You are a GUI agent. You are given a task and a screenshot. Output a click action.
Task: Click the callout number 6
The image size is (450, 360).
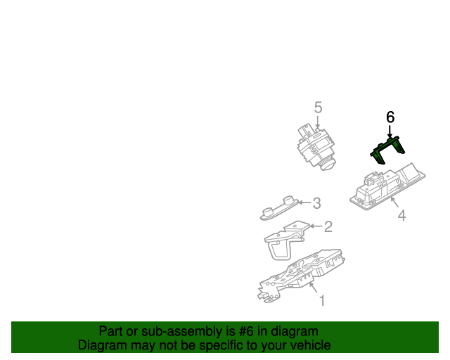point(390,117)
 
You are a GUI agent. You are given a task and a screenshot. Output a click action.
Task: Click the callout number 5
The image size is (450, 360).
point(319,108)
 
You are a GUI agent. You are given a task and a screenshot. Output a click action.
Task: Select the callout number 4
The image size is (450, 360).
point(401,215)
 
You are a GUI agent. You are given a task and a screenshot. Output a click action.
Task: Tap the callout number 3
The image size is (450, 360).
point(316,203)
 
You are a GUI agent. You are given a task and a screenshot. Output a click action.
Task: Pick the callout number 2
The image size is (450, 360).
point(328,226)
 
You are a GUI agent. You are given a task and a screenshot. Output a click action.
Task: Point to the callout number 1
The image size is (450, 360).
point(322,300)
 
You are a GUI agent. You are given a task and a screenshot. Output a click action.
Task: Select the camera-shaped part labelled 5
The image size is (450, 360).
point(316,146)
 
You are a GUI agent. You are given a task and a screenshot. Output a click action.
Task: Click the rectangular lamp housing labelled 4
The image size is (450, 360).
point(387,186)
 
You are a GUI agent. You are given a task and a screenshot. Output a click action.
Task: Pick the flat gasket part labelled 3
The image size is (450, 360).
point(279,208)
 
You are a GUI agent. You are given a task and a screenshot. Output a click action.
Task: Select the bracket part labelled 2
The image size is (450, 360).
point(287,240)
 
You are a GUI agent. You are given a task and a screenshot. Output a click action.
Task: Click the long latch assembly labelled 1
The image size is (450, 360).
point(301,276)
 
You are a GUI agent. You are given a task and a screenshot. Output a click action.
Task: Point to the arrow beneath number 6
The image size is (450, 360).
point(390,131)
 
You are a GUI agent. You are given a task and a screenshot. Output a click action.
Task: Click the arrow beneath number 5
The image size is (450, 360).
point(317,122)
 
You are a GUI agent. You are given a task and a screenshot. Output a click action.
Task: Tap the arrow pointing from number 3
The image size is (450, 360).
point(304,202)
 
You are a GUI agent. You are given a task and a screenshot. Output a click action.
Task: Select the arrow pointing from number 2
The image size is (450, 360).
point(316,226)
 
